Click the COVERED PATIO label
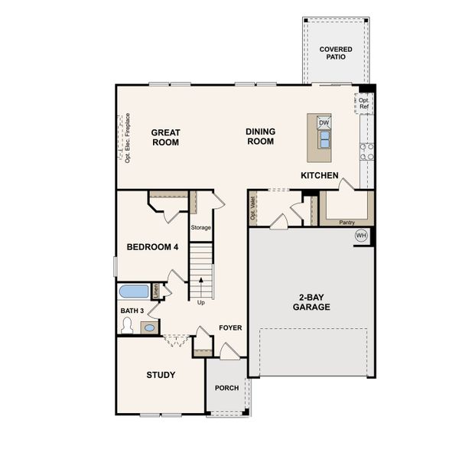336,53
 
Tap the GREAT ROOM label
165,137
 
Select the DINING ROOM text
260,136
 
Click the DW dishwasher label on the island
324,122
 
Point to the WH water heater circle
361,236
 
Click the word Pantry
347,223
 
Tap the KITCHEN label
319,175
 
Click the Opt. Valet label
253,208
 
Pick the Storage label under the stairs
201,227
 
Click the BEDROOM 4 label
152,247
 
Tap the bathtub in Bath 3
134,291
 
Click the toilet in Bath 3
128,326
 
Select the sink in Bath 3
149,327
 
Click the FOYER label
230,327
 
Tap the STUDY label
161,375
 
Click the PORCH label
226,388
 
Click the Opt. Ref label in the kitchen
364,103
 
